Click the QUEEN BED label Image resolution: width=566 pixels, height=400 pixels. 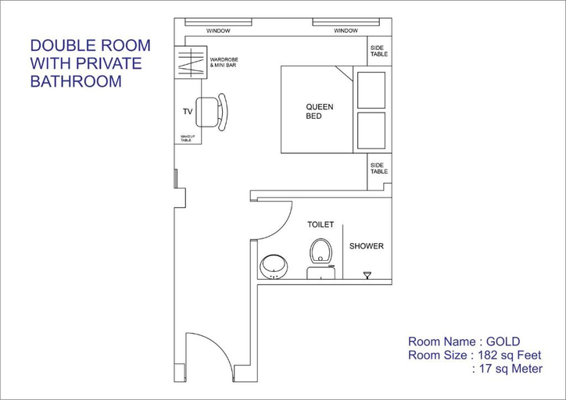click(x=320, y=112)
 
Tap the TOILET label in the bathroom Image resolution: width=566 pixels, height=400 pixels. click(x=321, y=225)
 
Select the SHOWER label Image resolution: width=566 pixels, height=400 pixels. click(x=367, y=246)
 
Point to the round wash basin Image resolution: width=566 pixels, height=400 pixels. click(x=274, y=266)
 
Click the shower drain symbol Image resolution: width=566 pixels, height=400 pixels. click(x=367, y=275)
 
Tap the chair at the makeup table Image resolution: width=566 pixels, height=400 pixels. click(x=212, y=112)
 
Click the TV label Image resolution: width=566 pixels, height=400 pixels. click(x=188, y=112)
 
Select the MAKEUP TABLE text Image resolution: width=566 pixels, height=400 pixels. click(x=188, y=138)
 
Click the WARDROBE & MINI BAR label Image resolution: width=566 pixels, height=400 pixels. click(x=224, y=62)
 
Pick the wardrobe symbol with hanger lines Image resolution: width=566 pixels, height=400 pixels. click(x=191, y=62)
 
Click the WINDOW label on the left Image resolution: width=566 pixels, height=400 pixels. click(x=218, y=31)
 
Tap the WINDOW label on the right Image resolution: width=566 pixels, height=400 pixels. click(x=346, y=31)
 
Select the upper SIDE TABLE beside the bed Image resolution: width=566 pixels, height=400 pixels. click(x=379, y=51)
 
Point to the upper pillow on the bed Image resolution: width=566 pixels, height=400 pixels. click(x=371, y=90)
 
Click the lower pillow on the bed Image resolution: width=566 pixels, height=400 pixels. click(x=371, y=130)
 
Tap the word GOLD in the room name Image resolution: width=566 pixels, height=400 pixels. click(x=503, y=341)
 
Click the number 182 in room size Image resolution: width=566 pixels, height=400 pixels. click(x=489, y=355)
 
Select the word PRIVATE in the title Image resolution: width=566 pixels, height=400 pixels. click(x=109, y=63)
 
